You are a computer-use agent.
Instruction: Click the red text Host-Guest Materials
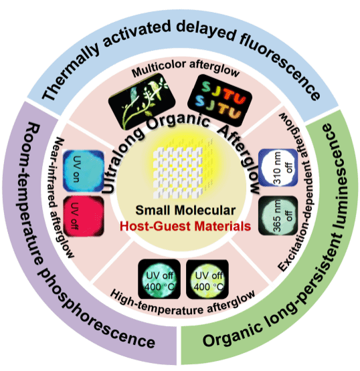[x=185, y=226]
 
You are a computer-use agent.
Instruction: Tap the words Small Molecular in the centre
[x=185, y=210]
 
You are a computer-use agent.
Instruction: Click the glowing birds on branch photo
[x=142, y=101]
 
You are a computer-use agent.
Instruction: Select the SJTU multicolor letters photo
[x=219, y=100]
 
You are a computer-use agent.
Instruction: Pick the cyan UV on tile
[x=84, y=171]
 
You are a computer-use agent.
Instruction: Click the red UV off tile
[x=84, y=217]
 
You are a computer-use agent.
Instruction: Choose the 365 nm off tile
[x=278, y=216]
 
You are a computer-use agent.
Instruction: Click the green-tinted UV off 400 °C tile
[x=159, y=279]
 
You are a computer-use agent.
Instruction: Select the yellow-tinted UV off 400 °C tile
[x=207, y=279]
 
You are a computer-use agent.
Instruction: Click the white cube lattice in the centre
[x=178, y=172]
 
